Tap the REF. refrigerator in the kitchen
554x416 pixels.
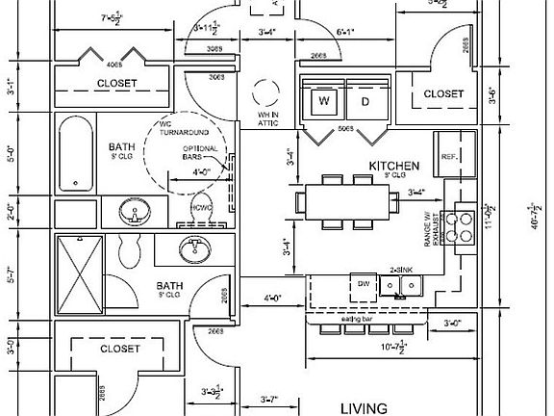pos(449,156)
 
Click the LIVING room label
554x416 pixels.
pos(363,406)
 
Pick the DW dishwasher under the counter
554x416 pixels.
pos(364,284)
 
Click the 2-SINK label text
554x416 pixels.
pos(402,270)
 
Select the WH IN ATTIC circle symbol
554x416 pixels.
pos(262,94)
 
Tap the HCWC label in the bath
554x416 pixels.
pos(201,207)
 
